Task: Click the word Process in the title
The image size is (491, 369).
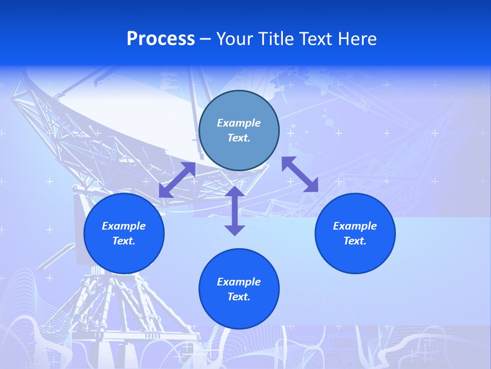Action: pos(161,39)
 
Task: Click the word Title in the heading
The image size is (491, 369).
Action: pos(275,39)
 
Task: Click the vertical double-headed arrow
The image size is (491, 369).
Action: pos(235,211)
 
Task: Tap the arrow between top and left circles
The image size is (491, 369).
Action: pos(177,180)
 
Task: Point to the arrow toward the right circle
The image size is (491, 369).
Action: pos(300,174)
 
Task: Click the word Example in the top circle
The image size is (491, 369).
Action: pos(239,123)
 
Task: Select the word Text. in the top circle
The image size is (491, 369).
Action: pos(239,138)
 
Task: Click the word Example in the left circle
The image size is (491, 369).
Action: pos(124,226)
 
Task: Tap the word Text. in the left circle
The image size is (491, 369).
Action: pos(124,241)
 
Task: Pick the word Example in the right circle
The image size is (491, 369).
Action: pos(355,226)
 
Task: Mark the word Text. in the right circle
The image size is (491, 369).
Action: pos(355,241)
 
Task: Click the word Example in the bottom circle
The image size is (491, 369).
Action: pos(239,282)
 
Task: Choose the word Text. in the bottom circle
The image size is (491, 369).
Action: pos(239,297)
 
